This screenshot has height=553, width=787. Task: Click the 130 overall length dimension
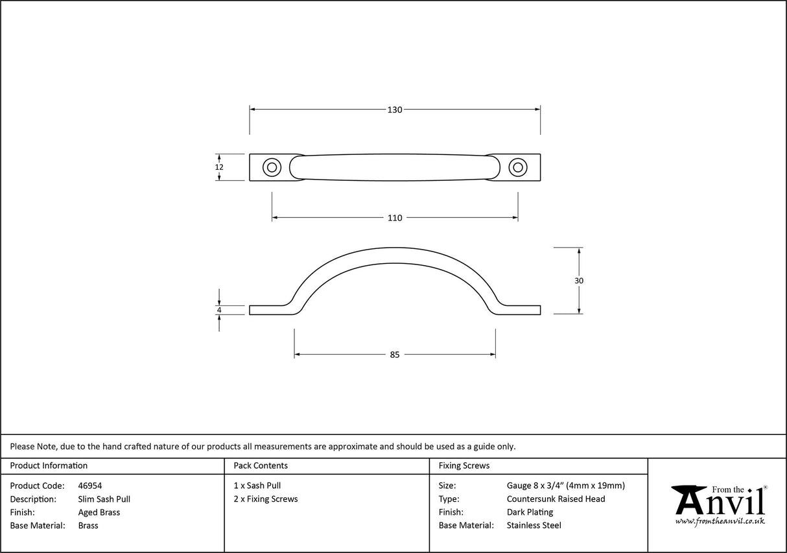pyautogui.click(x=395, y=110)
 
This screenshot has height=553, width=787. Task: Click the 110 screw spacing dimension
pyautogui.click(x=395, y=218)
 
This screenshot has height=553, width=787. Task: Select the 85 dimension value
pyautogui.click(x=395, y=355)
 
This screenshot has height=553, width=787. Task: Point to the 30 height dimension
pyautogui.click(x=579, y=281)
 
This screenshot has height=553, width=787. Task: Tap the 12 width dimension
pyautogui.click(x=219, y=167)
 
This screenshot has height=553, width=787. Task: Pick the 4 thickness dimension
pyautogui.click(x=220, y=310)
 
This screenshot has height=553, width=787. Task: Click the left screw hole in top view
pyautogui.click(x=272, y=167)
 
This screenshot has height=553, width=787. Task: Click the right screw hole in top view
pyautogui.click(x=517, y=167)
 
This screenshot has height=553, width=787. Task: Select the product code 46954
pyautogui.click(x=89, y=486)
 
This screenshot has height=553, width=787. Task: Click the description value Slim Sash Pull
pyautogui.click(x=104, y=499)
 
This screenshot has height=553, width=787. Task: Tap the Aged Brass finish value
pyautogui.click(x=99, y=512)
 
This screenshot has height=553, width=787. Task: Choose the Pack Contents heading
pyautogui.click(x=261, y=465)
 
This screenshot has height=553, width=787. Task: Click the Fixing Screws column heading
pyautogui.click(x=464, y=465)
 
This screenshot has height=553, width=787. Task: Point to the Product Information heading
pyautogui.click(x=49, y=465)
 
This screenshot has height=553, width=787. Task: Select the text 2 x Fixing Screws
pyautogui.click(x=266, y=499)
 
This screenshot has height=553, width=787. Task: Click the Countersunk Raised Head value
pyautogui.click(x=556, y=499)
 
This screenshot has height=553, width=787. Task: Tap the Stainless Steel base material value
pyautogui.click(x=534, y=526)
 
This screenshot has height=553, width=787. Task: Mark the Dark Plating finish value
pyautogui.click(x=530, y=512)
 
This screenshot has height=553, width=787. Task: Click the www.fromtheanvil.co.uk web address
pyautogui.click(x=720, y=521)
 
